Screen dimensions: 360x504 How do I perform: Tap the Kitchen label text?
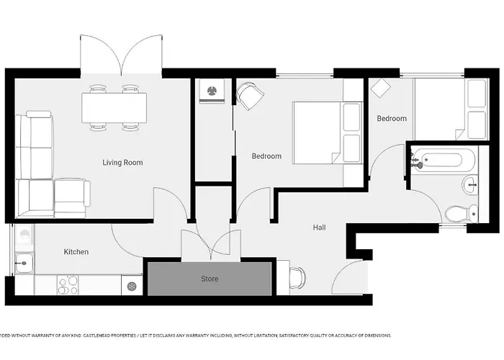(x=76, y=252)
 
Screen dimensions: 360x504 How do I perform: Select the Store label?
(x=210, y=279)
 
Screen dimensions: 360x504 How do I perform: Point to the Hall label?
(x=319, y=228)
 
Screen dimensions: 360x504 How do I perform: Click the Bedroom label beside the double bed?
(x=266, y=156)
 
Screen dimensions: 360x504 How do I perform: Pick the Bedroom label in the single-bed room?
(x=392, y=119)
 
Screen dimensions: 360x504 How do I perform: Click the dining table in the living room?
(x=114, y=108)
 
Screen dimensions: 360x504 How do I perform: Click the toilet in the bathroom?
(x=459, y=212)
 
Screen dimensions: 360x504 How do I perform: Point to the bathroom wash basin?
(x=470, y=185)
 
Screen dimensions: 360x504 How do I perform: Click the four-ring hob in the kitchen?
(x=68, y=285)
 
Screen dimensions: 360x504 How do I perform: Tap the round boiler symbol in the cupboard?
(x=212, y=91)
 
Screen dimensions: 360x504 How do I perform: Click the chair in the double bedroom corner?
(x=248, y=95)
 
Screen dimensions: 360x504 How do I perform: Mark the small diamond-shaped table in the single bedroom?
(x=380, y=89)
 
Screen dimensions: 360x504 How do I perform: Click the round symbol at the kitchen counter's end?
(x=132, y=286)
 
